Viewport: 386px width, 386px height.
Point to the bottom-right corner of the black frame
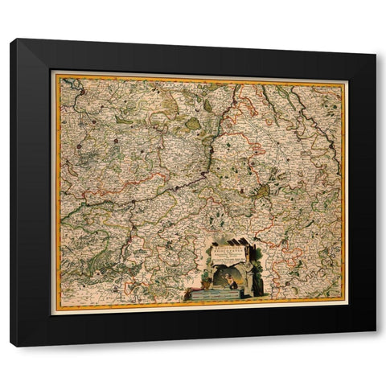374,332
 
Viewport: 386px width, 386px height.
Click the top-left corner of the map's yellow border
55,75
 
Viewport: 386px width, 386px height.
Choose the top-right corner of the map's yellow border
344,82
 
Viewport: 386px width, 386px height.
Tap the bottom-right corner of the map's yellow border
343,302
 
